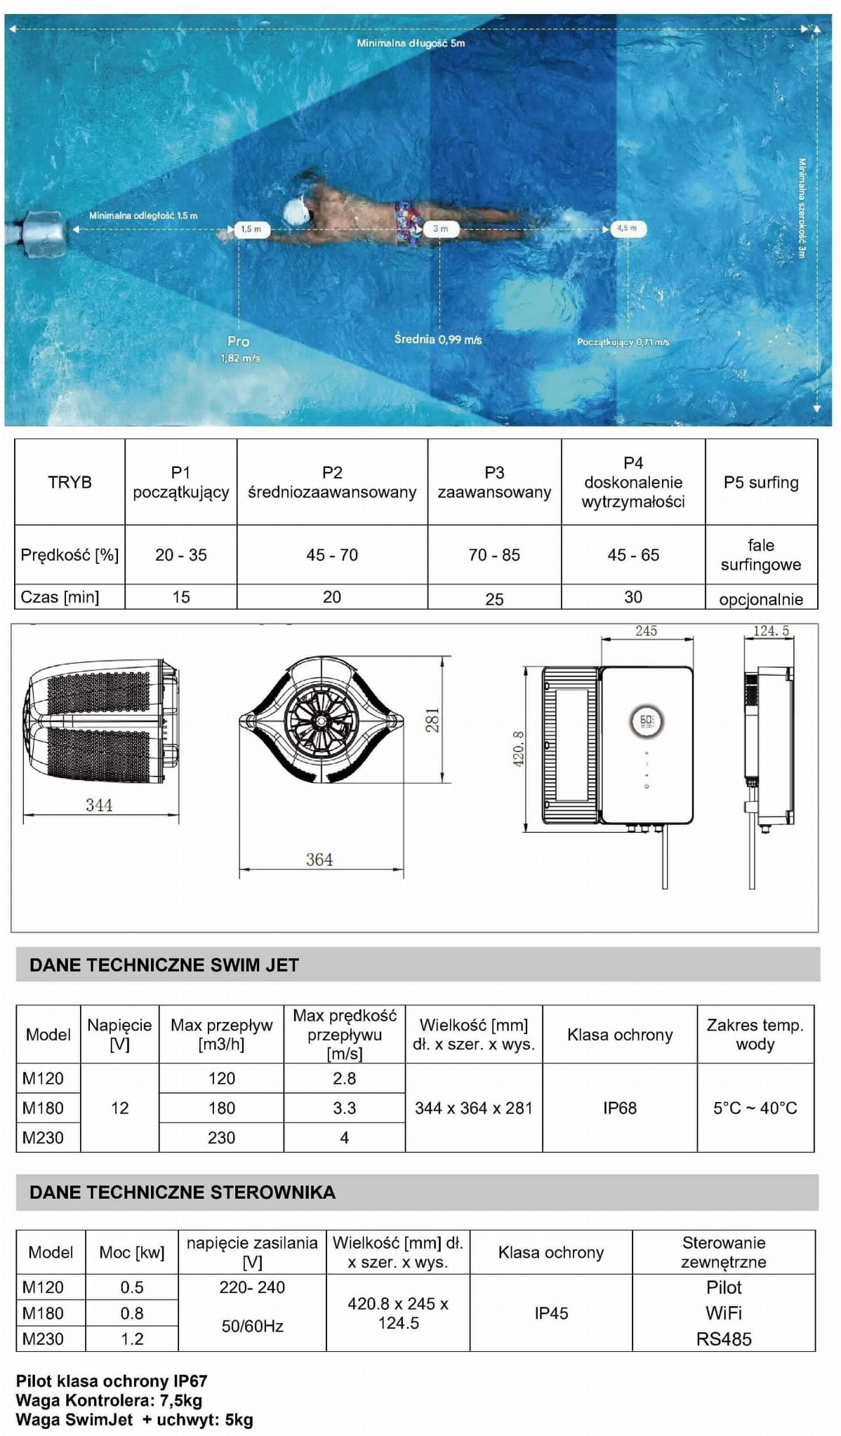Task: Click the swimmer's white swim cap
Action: [298, 209]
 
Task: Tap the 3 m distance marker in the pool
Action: [440, 229]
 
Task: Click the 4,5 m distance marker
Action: [627, 229]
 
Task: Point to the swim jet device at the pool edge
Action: [44, 229]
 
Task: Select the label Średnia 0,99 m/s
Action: [438, 340]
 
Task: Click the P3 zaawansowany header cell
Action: [494, 483]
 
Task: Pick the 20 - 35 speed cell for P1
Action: [181, 555]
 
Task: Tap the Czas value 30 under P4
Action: [633, 597]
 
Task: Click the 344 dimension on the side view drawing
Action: [99, 805]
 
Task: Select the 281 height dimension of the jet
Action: [432, 720]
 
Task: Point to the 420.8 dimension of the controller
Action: [519, 749]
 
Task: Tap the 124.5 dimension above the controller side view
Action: [771, 631]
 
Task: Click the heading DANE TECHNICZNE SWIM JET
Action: [164, 965]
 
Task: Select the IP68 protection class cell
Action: [620, 1108]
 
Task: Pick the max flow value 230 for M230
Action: [221, 1138]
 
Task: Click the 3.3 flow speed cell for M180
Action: [344, 1108]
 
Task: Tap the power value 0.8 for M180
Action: [132, 1313]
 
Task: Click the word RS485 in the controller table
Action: [724, 1339]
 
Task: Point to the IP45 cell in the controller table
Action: [551, 1313]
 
